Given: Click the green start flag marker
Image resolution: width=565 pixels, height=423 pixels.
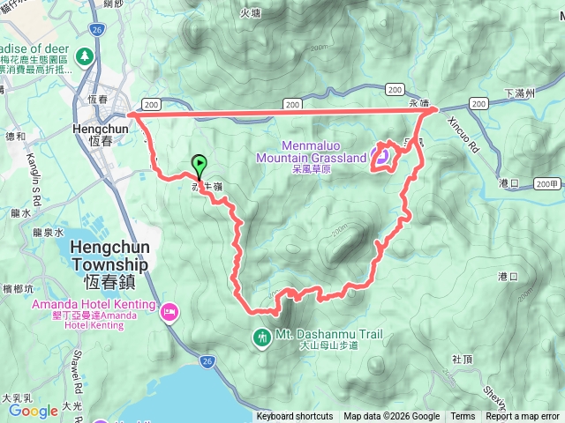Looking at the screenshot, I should (200, 163).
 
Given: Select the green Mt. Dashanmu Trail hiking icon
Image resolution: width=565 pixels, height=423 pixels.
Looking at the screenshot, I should (261, 337).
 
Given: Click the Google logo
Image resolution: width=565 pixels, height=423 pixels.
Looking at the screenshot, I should (33, 411).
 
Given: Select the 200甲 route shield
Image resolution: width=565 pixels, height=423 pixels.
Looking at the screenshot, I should (547, 183).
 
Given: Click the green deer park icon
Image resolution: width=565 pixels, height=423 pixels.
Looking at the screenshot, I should (85, 57).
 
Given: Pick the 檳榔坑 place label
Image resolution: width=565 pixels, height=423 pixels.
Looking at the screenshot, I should (18, 288).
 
